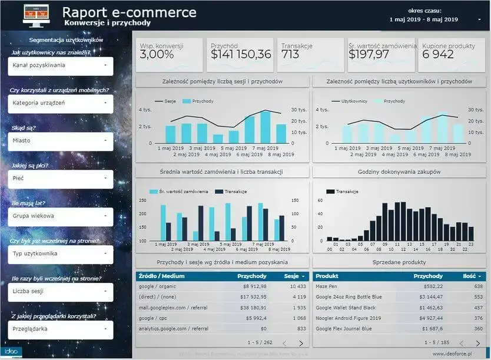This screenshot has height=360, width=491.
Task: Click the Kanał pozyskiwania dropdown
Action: pos(61,65)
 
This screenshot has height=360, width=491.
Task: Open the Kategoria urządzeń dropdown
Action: pos(61,103)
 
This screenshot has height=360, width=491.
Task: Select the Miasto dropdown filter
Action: pos(61,141)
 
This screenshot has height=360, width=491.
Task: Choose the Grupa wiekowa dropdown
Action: pos(61,216)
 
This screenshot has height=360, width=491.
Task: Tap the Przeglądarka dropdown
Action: pos(61,329)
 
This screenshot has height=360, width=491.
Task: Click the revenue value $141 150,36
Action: pos(241,55)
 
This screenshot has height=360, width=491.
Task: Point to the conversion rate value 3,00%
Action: pos(157,55)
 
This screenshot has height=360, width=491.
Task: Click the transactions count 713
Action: pos(290,55)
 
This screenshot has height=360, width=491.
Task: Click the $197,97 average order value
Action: pos(369,55)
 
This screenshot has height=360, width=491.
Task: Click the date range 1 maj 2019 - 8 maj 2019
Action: pos(424,19)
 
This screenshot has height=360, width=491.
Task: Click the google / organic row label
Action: pos(157,286)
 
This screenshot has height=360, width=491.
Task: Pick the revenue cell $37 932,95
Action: pos(251,297)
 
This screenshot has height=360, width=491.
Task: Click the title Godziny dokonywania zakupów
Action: pos(399,171)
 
